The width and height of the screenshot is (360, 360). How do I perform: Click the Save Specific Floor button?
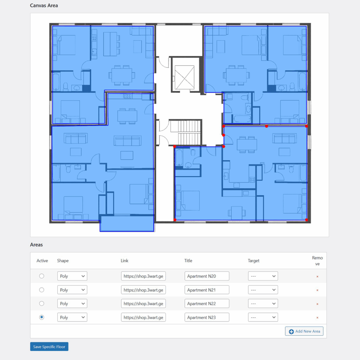49,347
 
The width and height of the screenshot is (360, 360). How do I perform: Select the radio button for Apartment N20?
41,276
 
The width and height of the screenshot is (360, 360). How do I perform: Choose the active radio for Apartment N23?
41,317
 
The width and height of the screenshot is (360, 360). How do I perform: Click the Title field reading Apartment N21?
207,290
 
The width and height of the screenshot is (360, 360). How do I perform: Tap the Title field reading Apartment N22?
207,304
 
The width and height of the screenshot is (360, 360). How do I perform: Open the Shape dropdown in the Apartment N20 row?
72,276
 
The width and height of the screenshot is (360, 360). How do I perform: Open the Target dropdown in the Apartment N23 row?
263,317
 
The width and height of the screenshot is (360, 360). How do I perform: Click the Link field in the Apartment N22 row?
143,304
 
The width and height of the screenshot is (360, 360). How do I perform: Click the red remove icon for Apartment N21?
317,290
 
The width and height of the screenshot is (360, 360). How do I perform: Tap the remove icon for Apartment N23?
317,318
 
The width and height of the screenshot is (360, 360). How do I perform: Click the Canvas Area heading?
44,6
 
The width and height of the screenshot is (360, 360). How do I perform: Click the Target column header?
253,261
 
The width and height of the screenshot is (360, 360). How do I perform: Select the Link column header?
124,261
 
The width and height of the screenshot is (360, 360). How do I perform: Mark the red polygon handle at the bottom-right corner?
307,220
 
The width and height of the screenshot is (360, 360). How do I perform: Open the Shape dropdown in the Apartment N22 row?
72,304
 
